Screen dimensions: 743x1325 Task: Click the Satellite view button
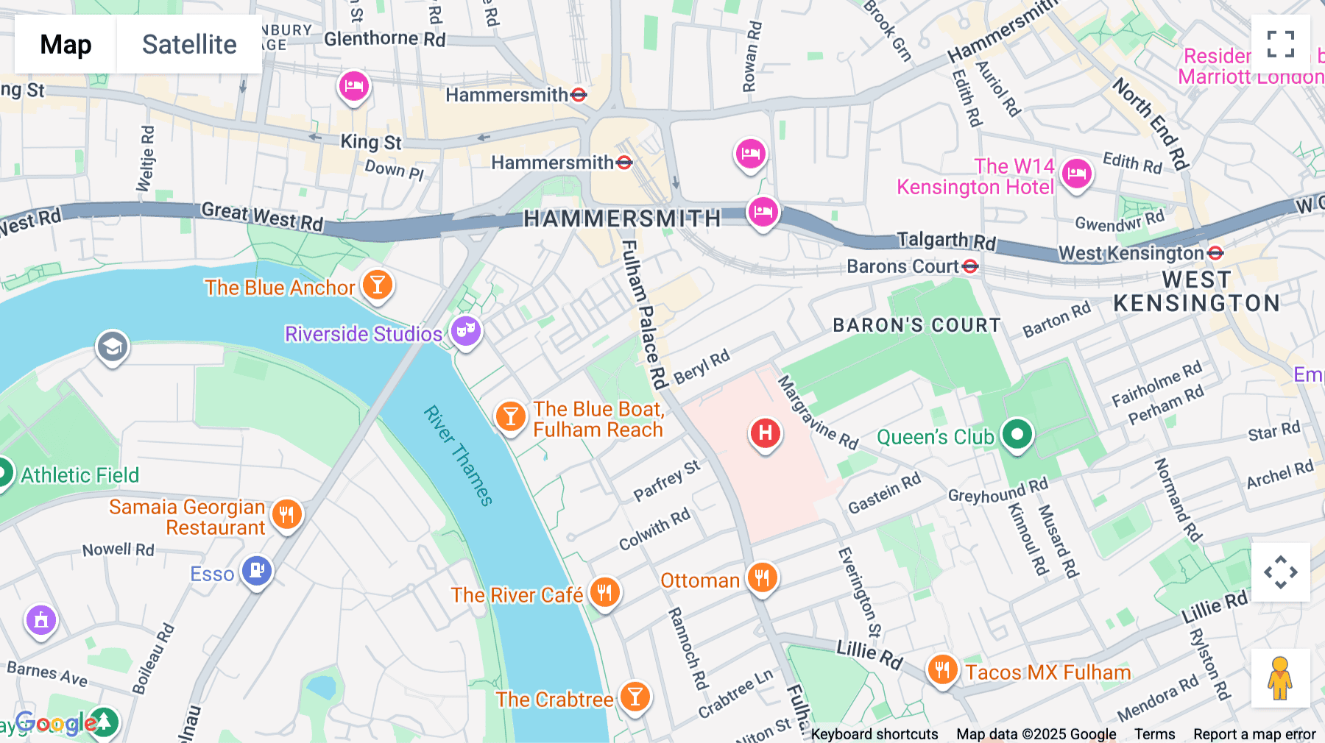coord(189,44)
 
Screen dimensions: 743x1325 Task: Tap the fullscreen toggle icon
coord(1280,44)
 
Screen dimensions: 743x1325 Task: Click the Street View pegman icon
coord(1280,678)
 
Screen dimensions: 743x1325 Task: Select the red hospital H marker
coord(765,433)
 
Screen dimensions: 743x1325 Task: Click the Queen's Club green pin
coord(1017,434)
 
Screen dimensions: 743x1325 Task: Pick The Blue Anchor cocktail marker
coord(378,284)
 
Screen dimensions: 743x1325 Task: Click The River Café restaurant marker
coord(604,591)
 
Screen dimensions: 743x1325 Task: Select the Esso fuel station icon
coord(257,570)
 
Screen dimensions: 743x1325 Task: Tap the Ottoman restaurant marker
coord(762,578)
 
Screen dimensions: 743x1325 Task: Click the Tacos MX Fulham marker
coord(941,669)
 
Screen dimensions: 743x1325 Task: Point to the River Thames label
coord(458,455)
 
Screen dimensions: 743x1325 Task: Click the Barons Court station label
coord(902,266)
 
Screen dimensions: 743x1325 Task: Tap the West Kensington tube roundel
coord(1215,253)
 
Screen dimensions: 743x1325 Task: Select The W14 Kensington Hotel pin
coord(1076,174)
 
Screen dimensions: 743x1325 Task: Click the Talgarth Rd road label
coord(946,241)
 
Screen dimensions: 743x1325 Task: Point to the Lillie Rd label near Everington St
coord(869,653)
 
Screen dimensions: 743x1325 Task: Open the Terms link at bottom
coord(1154,733)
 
